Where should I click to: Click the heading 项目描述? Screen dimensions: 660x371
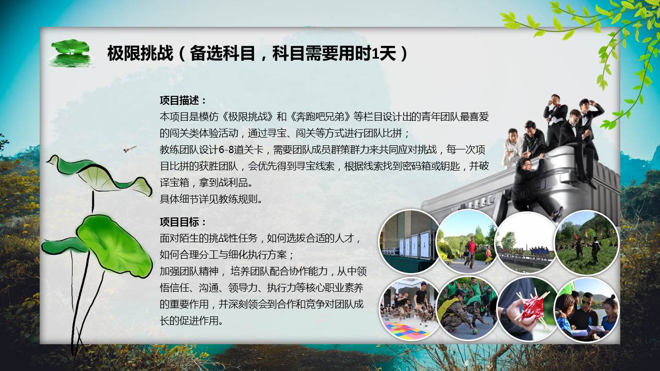click(x=179, y=100)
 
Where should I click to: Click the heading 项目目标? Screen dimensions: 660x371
click(x=179, y=222)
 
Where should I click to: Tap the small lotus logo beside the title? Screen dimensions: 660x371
click(x=70, y=53)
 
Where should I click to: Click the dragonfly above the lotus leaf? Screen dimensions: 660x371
click(x=129, y=149)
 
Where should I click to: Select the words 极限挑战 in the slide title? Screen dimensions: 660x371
click(x=140, y=54)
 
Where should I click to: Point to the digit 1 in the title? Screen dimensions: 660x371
click(x=375, y=54)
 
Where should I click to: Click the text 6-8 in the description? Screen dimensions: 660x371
click(x=226, y=150)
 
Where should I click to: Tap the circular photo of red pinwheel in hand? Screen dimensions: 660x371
click(x=527, y=309)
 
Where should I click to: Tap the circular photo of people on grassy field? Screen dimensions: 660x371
click(x=587, y=242)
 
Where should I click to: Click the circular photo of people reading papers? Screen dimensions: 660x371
click(x=587, y=310)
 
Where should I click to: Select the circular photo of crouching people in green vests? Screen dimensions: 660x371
click(x=468, y=309)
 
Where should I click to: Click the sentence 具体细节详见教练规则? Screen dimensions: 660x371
click(x=211, y=199)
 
